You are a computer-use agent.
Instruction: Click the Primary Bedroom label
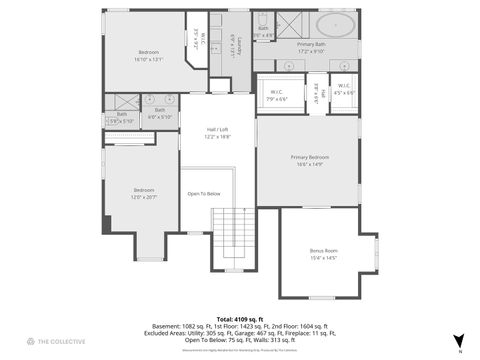click(309, 162)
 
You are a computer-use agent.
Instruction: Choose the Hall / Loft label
click(218, 134)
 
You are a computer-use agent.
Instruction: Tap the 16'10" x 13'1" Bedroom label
click(148, 55)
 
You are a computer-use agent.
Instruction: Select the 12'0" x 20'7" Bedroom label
click(144, 193)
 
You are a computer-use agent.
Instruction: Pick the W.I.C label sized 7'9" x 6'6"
click(277, 96)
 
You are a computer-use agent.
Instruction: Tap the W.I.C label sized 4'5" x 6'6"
click(344, 89)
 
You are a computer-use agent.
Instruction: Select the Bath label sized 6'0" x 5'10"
click(160, 112)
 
